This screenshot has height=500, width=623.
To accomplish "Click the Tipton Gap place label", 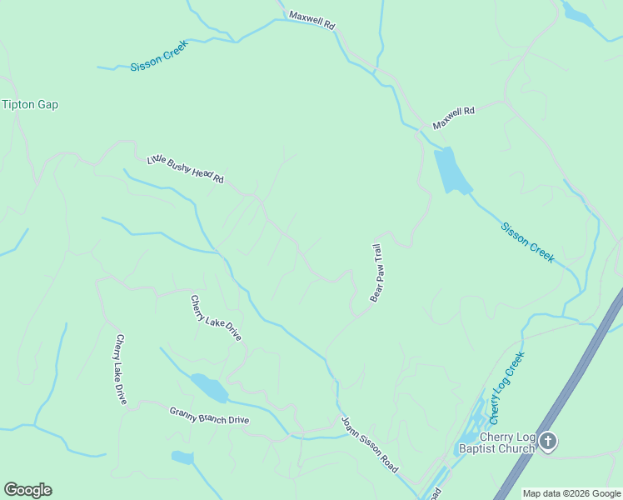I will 30,104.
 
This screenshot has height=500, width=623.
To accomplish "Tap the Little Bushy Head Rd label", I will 186,169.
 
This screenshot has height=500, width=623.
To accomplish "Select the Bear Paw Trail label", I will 376,272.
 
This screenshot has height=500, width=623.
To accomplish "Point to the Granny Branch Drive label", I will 209,415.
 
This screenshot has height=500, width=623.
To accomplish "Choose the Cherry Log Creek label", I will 506,385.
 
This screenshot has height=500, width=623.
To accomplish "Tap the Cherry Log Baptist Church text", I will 496,444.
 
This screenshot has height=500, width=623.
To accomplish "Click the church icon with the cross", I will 547,441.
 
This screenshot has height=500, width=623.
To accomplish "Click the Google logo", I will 27,490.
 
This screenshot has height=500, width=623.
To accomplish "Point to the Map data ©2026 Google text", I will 572,493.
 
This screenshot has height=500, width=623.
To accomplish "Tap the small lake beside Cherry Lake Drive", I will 209,387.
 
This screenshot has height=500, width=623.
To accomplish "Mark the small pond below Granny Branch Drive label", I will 182,457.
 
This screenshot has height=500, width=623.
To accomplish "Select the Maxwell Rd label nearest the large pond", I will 453,117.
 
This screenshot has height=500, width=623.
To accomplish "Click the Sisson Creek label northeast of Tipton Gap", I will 160,55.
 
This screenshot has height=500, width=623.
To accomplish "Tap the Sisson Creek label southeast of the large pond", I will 528,242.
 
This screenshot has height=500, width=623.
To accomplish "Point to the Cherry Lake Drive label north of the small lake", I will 216,318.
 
